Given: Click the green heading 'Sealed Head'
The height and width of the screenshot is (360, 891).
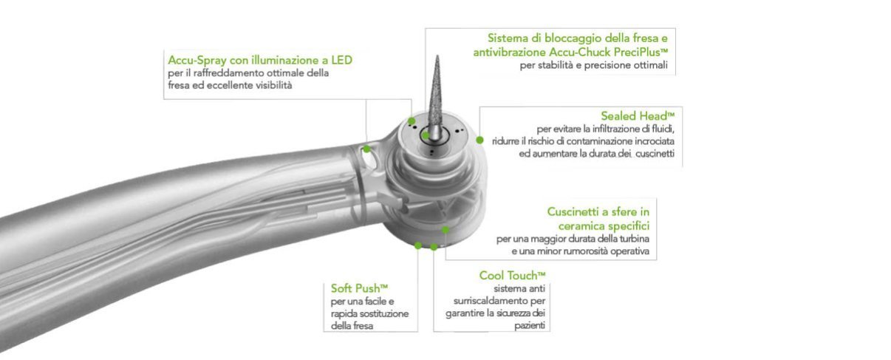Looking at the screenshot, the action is click(x=638, y=116).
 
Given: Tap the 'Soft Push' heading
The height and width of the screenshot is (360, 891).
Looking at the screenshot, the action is click(x=359, y=288).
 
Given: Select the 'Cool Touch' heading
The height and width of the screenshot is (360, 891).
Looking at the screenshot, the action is click(x=512, y=275).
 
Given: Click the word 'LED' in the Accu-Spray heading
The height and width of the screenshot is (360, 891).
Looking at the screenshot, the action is click(x=342, y=60).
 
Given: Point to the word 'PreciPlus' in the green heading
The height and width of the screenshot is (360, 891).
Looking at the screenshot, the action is click(x=641, y=52).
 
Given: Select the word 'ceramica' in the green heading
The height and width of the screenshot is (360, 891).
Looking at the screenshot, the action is click(x=581, y=226).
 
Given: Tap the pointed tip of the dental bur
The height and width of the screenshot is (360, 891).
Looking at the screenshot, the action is click(x=437, y=55).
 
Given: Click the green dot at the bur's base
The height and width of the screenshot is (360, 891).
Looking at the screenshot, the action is click(x=426, y=135).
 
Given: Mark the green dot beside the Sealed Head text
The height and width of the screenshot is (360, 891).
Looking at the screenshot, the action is click(x=479, y=140).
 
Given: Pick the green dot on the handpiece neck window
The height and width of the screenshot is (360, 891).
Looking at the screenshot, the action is click(x=366, y=149).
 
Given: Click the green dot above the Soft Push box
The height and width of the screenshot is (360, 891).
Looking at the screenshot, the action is click(x=417, y=245).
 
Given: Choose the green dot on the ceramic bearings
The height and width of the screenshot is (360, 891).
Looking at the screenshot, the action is click(x=445, y=230).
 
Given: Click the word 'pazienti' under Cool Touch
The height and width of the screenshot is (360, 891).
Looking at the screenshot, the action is click(x=530, y=326).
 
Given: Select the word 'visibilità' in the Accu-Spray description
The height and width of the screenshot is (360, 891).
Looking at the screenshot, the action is click(x=273, y=85).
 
